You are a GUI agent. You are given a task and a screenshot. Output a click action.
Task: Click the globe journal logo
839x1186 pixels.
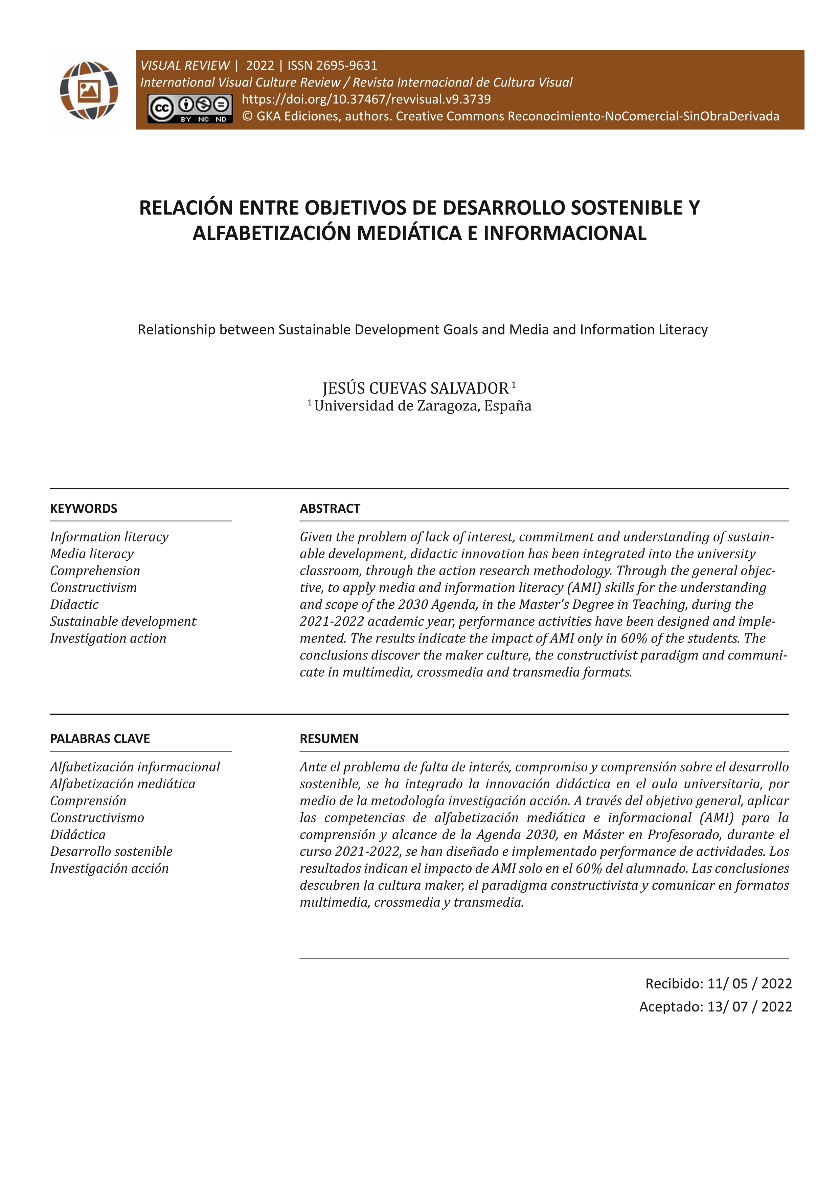click(89, 90)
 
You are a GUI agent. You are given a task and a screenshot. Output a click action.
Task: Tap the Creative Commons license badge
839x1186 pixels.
click(189, 109)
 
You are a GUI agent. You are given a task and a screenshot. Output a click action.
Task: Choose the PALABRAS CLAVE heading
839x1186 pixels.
click(100, 739)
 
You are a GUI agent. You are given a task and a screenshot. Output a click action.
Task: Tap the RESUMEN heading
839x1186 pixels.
click(328, 739)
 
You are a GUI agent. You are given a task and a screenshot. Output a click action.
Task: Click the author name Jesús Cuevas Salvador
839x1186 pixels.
click(416, 388)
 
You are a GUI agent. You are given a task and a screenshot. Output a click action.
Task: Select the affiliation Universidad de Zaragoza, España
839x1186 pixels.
click(423, 406)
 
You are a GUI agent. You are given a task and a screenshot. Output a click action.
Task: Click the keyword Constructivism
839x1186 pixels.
click(93, 587)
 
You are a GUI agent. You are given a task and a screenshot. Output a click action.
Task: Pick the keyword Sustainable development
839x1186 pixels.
click(123, 622)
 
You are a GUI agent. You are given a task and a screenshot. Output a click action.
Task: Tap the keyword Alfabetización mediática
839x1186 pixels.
click(122, 784)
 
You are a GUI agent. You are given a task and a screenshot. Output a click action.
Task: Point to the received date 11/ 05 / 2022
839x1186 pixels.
click(749, 983)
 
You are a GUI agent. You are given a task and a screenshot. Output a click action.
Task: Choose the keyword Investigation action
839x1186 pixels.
click(108, 638)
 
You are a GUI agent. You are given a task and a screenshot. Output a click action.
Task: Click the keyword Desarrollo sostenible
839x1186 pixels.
click(111, 851)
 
